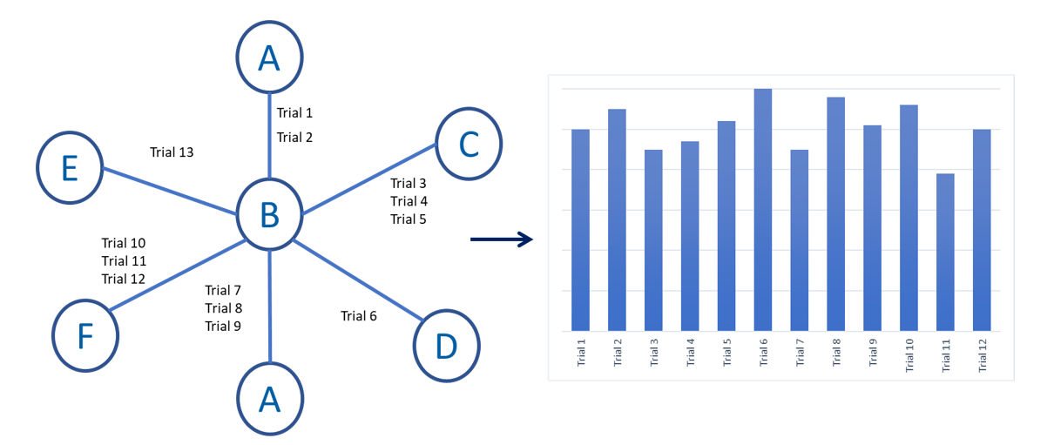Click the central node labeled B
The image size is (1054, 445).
click(269, 214)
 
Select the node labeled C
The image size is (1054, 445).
click(469, 144)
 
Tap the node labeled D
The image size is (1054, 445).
click(447, 346)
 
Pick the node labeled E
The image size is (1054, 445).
click(70, 167)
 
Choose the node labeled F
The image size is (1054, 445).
click(85, 336)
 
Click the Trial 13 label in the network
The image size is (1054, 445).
click(172, 152)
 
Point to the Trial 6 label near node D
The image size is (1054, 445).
click(359, 315)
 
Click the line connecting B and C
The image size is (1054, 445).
click(369, 179)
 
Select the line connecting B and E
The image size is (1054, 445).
click(169, 191)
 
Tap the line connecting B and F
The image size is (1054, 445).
click(178, 275)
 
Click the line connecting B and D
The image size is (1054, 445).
click(358, 280)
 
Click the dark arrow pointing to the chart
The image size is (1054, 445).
click(502, 239)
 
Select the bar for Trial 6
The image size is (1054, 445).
click(763, 210)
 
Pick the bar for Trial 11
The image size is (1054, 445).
click(945, 253)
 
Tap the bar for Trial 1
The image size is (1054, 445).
click(580, 230)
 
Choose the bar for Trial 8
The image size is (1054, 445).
click(835, 214)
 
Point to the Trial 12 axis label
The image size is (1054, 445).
click(982, 355)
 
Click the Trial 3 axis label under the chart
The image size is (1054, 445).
click(653, 353)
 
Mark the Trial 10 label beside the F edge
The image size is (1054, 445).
click(124, 243)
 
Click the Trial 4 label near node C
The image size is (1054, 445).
click(409, 201)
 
